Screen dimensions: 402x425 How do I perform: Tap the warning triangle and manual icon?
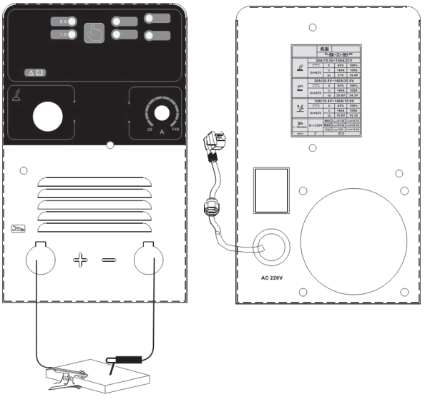[x=35, y=72]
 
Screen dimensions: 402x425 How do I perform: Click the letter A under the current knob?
[x=162, y=133]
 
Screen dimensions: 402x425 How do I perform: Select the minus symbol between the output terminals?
[x=108, y=258]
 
